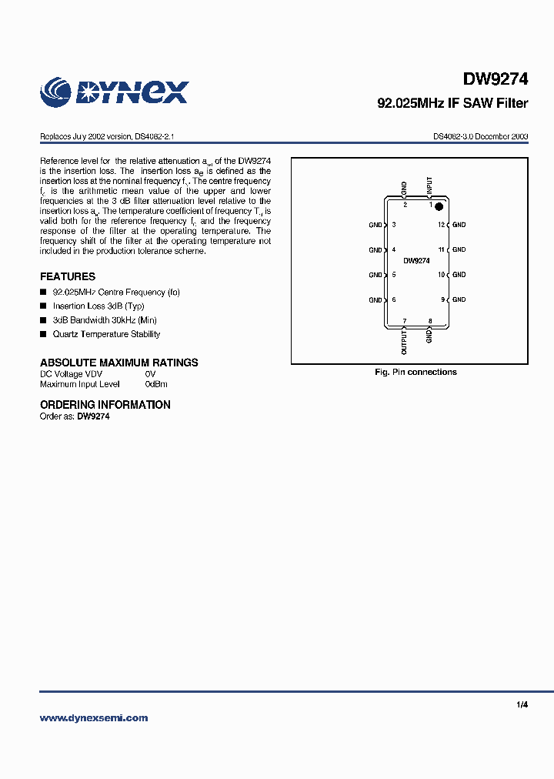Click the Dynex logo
[x=114, y=92]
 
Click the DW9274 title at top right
[x=496, y=79]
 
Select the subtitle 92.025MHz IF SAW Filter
[x=452, y=103]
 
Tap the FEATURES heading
[x=68, y=276]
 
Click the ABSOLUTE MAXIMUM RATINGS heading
[x=118, y=363]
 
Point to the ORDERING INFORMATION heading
[x=105, y=405]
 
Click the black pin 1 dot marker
[x=439, y=206]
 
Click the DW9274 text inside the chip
[x=416, y=261]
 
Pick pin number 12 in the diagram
[x=441, y=225]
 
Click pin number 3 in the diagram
[x=394, y=225]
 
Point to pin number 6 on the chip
[x=394, y=299]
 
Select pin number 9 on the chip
[x=442, y=299]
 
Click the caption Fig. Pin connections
[x=415, y=373]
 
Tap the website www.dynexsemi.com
[x=93, y=717]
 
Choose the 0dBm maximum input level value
[x=156, y=383]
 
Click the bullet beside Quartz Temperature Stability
[x=43, y=334]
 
